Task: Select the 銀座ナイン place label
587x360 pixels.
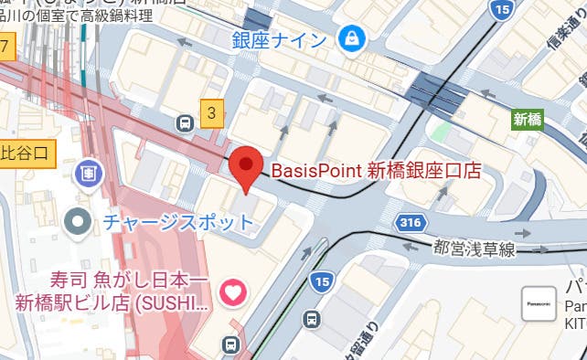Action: tap(280, 39)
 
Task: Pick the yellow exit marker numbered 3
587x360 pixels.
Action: tap(212, 112)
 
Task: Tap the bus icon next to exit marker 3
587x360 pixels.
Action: tap(186, 122)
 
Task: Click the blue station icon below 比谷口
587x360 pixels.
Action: tap(90, 171)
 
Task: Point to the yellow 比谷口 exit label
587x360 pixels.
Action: tap(28, 152)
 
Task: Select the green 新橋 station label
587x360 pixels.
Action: tap(528, 119)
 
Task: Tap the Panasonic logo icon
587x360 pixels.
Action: tap(539, 303)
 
